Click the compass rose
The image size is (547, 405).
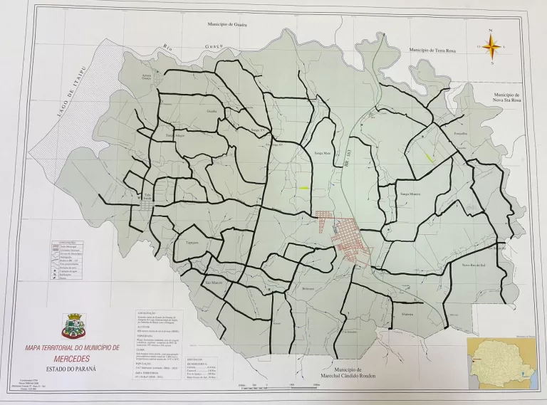pyautogui.click(x=491, y=47)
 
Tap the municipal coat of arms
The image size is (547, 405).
pyautogui.click(x=73, y=326)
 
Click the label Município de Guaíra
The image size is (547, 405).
pyautogui.click(x=226, y=23)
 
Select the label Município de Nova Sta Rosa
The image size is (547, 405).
pyautogui.click(x=507, y=98)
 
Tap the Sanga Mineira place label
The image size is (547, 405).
pyautogui.click(x=411, y=193)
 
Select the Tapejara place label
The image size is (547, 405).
pyautogui.click(x=192, y=242)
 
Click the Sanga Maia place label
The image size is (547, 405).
pyautogui.click(x=322, y=152)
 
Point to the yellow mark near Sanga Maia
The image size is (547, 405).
pyautogui.click(x=304, y=188)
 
